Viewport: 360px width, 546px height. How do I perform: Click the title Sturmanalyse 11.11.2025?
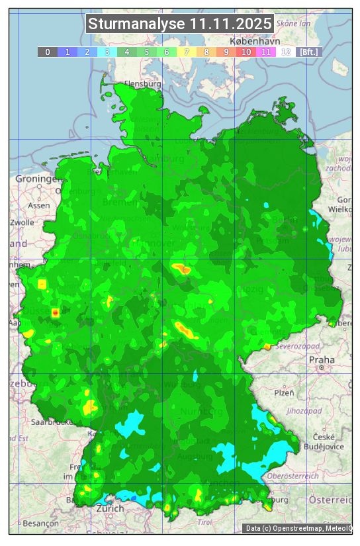pos(180,24)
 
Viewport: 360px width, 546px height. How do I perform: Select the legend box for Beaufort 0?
pos(47,52)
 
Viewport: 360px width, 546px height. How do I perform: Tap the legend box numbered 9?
pos(226,52)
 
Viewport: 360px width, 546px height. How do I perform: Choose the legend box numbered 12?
pos(286,52)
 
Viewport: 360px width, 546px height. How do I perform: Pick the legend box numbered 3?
pos(107,52)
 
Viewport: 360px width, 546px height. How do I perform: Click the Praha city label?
pos(322,360)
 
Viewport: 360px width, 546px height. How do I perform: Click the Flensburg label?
pos(143,85)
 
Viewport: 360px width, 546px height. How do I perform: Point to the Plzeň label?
pos(284,392)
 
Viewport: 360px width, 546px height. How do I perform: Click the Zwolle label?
pos(22,222)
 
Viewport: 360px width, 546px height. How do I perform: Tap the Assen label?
pos(39,205)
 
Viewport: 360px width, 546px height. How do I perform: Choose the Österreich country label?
pos(330,500)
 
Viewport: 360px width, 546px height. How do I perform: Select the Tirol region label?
pos(205,522)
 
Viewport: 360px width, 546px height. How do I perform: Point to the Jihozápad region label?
pos(305,411)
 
